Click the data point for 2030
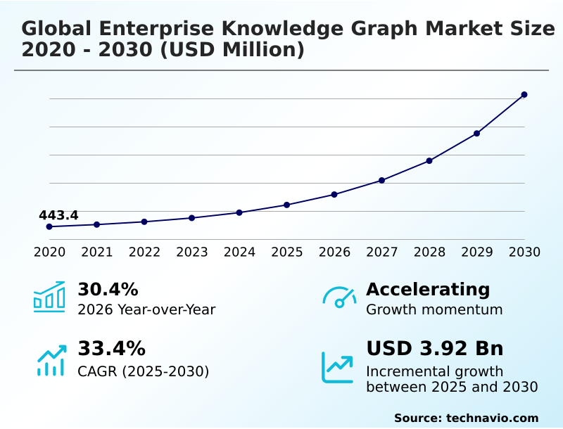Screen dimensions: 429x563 pos(524,94)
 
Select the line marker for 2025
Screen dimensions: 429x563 pos(286,205)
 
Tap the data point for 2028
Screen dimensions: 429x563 pos(429,160)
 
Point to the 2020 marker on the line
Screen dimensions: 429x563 pos(49,226)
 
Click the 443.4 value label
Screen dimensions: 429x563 pos(58,215)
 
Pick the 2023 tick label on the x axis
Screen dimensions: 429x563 pos(192,252)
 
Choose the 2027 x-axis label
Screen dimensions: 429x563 pos(382,252)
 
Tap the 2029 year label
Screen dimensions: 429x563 pos(477,252)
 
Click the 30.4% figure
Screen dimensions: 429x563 pos(108,289)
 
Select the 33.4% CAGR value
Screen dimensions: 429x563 pos(111,349)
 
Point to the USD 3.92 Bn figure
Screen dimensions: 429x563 pos(435,349)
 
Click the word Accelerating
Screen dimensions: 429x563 pos(428,289)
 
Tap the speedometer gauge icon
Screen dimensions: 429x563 pos(339,297)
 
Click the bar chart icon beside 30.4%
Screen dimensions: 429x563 pos(49,297)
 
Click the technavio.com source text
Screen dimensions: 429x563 pos(466,418)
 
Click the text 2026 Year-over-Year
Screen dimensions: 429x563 pos(146,309)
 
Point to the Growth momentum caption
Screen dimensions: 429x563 pos(434,309)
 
